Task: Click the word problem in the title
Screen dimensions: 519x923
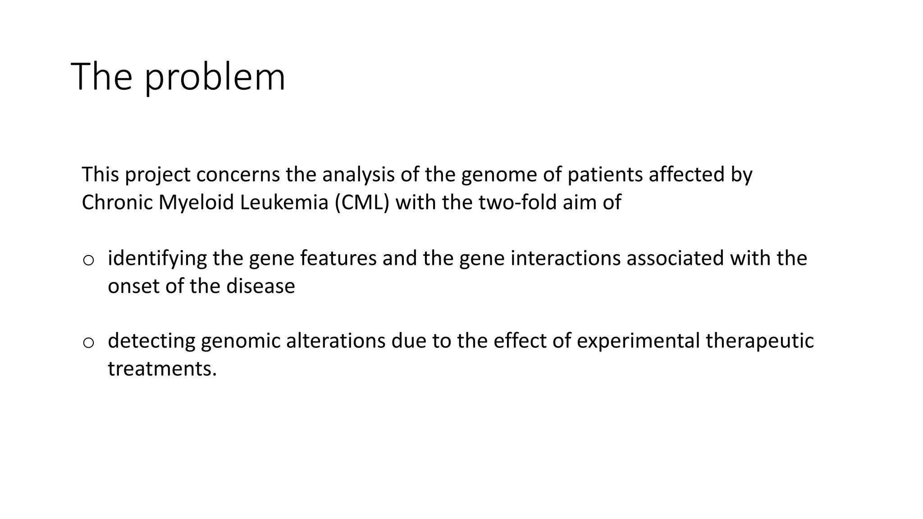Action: (215, 77)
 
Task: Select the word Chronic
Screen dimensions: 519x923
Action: (117, 202)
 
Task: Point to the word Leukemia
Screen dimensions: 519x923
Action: (284, 202)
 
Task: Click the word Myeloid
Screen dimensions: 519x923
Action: (196, 202)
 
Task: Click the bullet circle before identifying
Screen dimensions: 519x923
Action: (88, 260)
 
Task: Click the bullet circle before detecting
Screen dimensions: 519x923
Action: (88, 343)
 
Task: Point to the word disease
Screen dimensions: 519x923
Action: (260, 286)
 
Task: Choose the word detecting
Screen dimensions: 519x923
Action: (151, 341)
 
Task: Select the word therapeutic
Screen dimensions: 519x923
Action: (760, 341)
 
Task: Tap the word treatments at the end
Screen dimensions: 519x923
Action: (162, 369)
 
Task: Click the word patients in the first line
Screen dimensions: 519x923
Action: (605, 175)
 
